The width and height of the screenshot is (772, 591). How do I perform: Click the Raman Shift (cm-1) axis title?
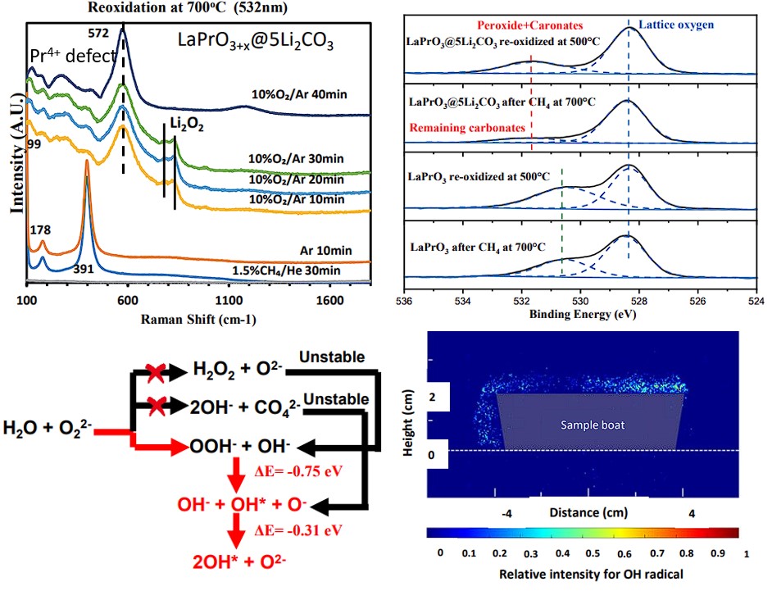199,319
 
